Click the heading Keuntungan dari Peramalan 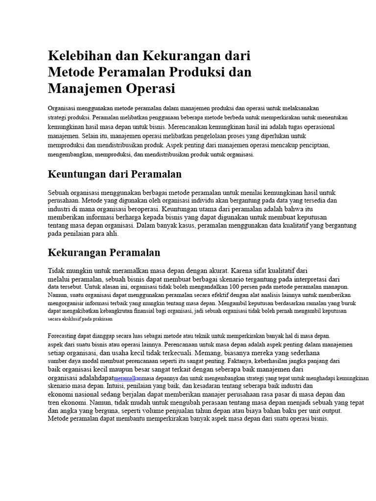click(115, 174)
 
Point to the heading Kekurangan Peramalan click(104, 252)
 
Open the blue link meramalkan click(127, 379)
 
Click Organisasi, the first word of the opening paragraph click(63, 108)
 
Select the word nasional click(88, 394)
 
